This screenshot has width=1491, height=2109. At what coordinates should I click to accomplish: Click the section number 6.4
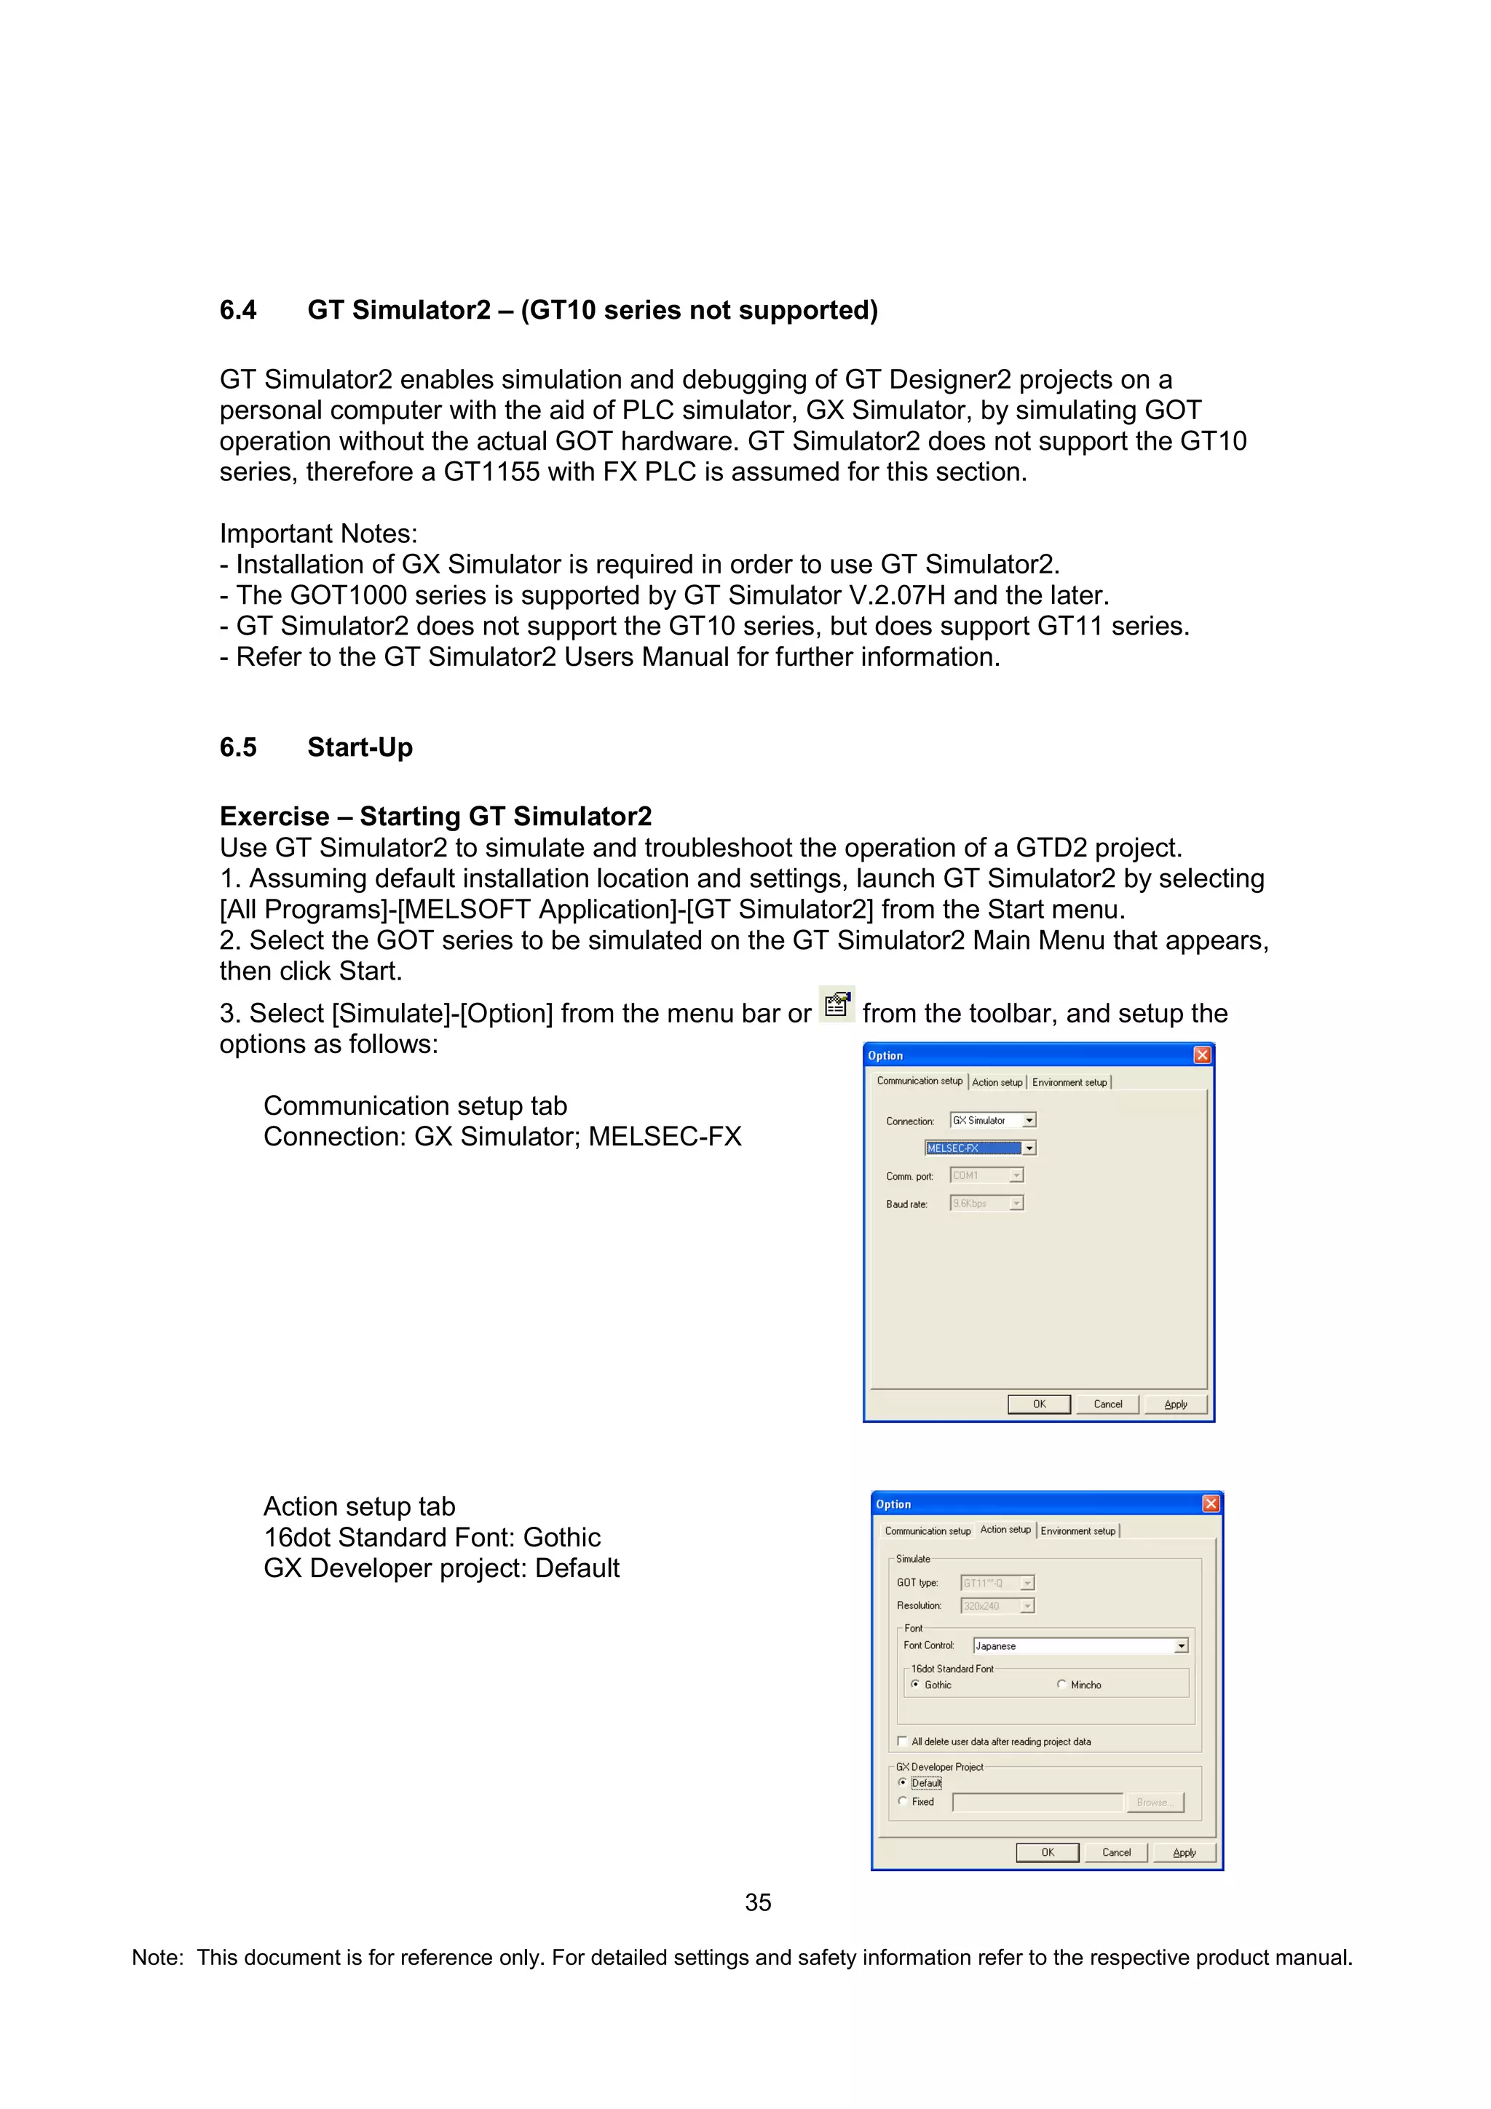point(238,311)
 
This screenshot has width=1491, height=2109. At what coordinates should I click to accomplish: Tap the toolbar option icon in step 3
point(836,1005)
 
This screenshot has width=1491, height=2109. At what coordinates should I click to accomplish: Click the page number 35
point(758,1902)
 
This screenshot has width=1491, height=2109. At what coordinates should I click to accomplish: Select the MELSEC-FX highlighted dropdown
point(980,1148)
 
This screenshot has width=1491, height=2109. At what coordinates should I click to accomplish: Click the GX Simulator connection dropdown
point(992,1121)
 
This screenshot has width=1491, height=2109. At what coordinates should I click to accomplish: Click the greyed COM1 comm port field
point(986,1176)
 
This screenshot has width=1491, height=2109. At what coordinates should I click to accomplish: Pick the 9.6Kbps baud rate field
point(986,1203)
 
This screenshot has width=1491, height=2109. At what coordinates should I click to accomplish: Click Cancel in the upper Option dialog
point(1108,1405)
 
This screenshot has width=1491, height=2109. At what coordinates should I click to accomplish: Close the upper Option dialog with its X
point(1202,1055)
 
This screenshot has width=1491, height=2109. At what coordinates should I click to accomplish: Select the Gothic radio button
point(915,1685)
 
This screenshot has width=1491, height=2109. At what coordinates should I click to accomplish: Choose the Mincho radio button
point(1062,1685)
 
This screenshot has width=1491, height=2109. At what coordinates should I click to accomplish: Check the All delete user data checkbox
point(902,1741)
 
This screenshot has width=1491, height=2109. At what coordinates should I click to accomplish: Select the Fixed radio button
point(903,1801)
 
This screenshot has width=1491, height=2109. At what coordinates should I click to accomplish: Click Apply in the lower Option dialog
point(1185,1853)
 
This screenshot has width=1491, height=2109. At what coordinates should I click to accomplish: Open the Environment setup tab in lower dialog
point(1077,1531)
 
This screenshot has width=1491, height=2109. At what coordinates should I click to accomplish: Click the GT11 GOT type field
point(997,1583)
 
